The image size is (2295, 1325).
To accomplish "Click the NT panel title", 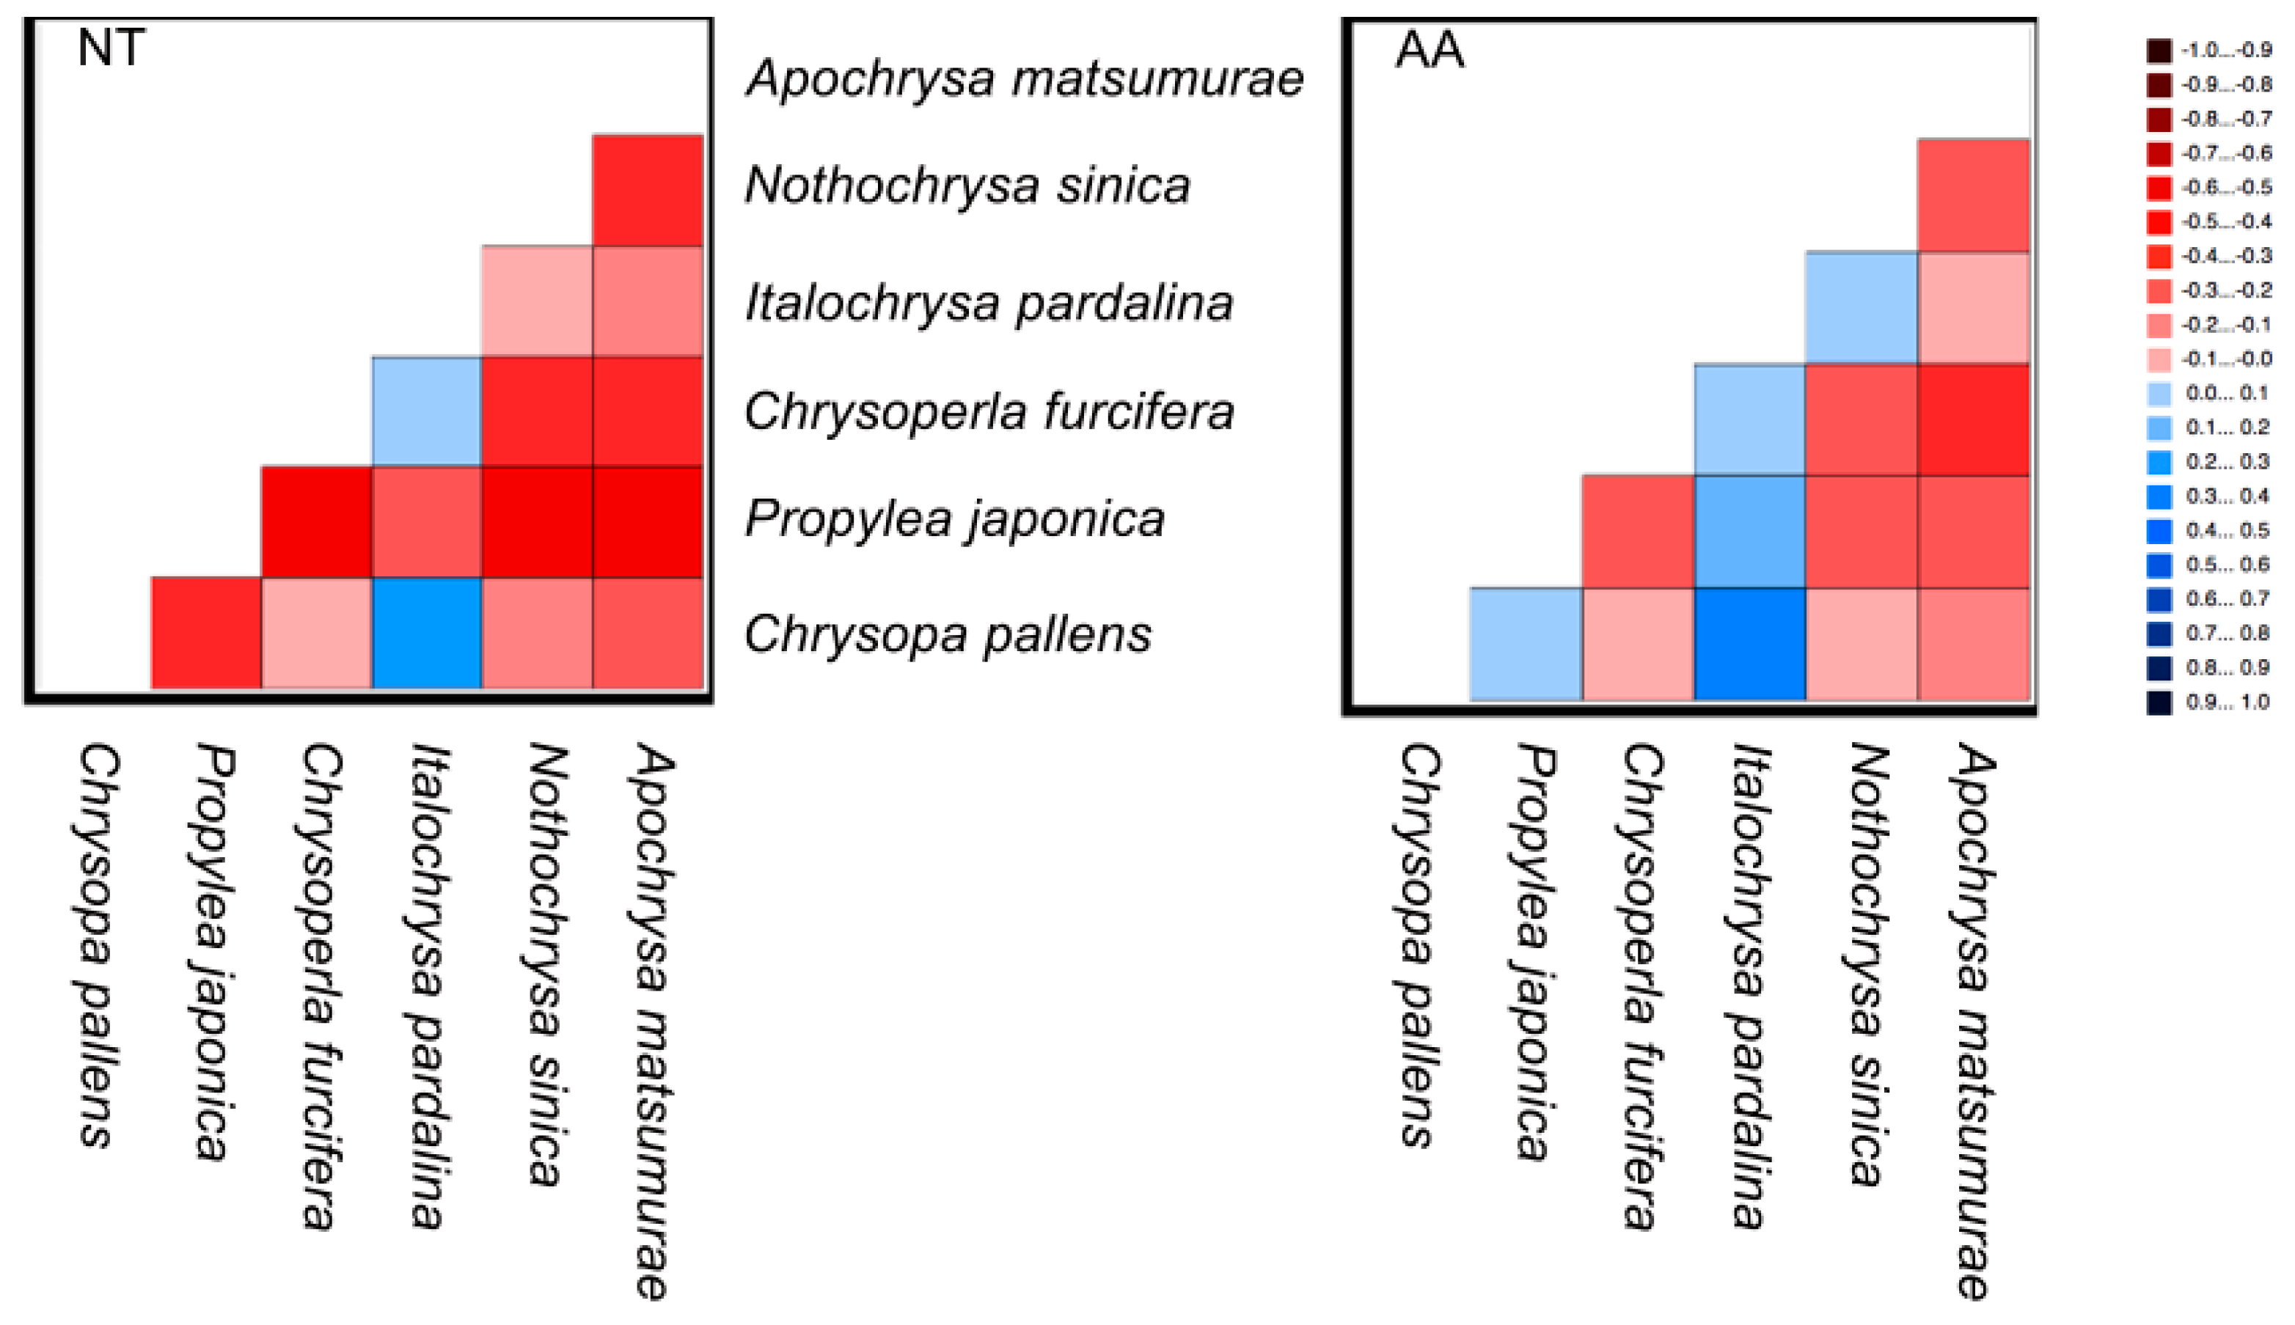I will point(111,48).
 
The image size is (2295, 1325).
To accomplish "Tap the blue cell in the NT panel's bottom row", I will point(427,633).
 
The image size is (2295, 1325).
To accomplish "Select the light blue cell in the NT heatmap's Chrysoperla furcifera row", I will point(427,411).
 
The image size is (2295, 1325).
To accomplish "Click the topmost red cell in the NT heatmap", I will point(648,190).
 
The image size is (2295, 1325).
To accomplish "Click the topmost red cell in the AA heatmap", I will point(1973,195).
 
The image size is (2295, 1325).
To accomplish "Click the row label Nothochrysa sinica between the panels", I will point(967,186).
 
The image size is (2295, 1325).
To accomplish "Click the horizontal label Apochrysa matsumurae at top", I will point(1025,78).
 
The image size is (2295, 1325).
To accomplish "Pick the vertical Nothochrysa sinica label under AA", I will point(1865,965).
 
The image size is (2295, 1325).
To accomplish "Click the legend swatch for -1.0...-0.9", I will point(2159,50).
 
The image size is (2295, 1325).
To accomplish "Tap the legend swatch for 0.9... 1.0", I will point(2159,702).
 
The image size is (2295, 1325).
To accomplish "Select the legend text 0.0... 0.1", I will point(2228,393).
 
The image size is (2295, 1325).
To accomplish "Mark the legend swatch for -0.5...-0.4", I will point(2159,221).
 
